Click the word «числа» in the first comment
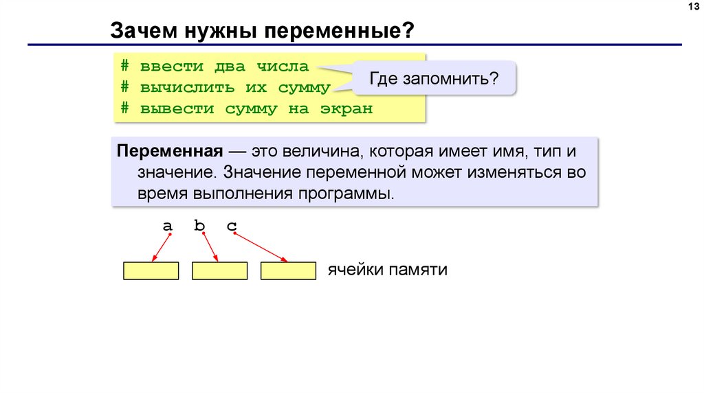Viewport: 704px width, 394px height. (x=282, y=67)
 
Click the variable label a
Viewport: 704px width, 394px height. (x=167, y=225)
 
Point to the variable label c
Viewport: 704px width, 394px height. (x=232, y=225)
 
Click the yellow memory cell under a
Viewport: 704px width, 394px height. (x=151, y=271)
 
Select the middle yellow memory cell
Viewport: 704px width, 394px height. (x=219, y=271)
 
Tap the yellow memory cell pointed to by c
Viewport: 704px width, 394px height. (x=287, y=271)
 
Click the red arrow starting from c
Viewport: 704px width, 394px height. (x=261, y=247)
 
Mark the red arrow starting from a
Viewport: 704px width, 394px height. (x=162, y=247)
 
